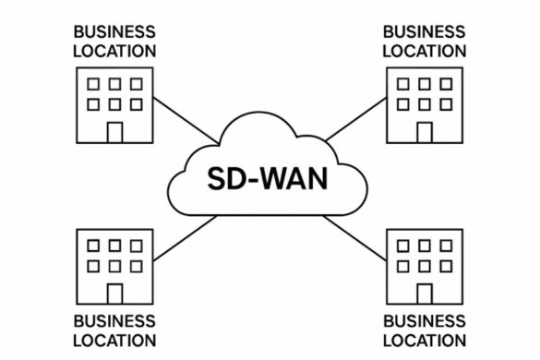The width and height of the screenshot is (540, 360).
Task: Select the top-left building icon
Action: (114, 105)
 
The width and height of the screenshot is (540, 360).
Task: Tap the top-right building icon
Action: (424, 105)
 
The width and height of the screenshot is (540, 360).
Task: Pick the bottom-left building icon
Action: (114, 266)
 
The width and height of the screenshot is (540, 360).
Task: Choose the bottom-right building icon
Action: (424, 266)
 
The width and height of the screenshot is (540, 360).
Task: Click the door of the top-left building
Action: (114, 132)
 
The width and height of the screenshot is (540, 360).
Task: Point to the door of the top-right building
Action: (424, 132)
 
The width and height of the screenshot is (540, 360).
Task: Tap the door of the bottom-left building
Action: (114, 293)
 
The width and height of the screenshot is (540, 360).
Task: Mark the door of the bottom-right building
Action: (424, 293)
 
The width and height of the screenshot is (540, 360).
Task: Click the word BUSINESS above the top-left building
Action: (114, 32)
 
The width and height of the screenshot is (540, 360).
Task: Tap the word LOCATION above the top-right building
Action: (424, 51)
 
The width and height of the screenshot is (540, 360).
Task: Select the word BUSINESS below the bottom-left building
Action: (114, 321)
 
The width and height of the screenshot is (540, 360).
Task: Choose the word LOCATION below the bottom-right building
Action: (424, 341)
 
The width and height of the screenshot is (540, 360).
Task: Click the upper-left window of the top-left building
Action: (93, 84)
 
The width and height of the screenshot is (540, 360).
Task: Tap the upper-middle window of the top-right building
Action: (425, 84)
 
